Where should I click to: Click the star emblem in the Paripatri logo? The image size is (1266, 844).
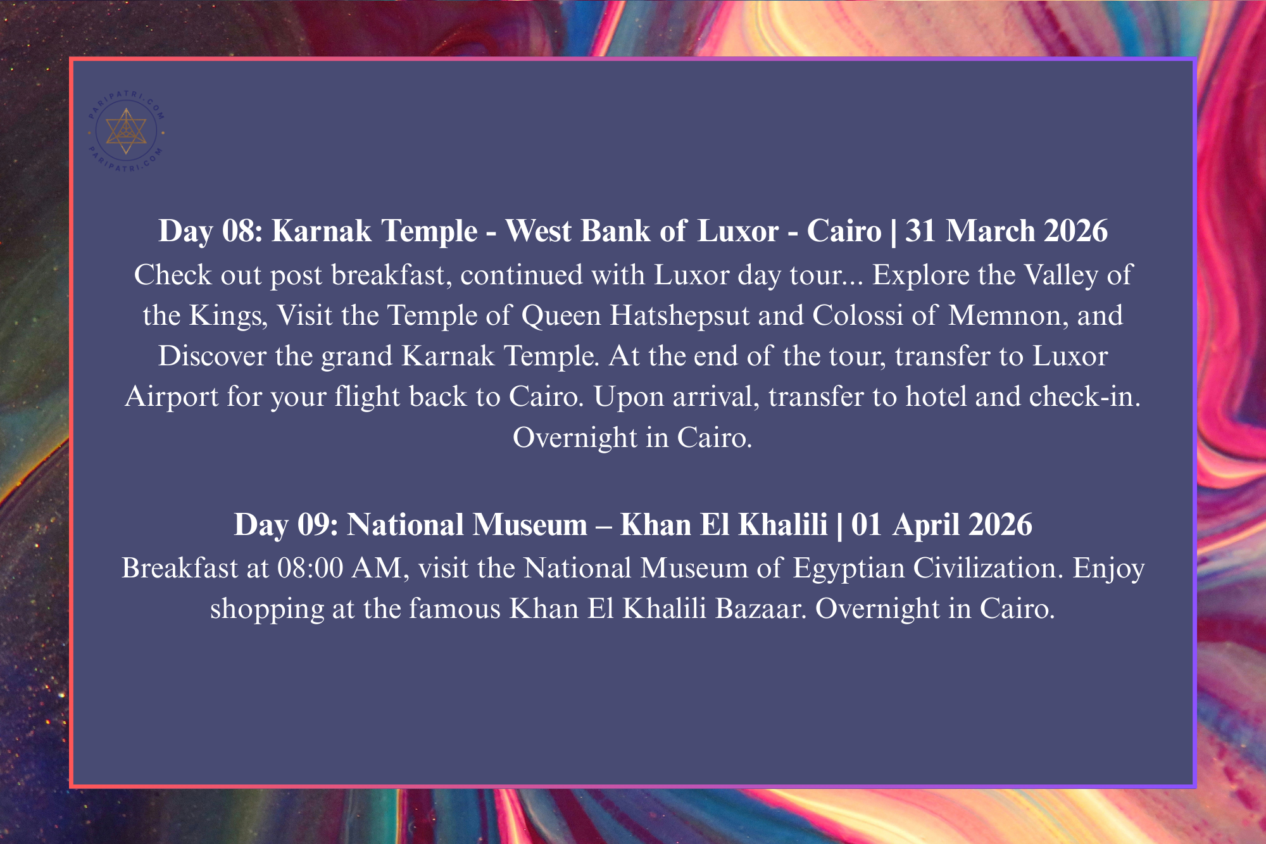(x=126, y=131)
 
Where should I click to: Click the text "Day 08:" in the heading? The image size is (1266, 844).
(x=210, y=230)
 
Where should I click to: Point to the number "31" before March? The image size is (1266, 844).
(x=923, y=230)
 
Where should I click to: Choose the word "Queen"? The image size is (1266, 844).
(x=561, y=316)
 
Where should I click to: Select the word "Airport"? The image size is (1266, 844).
(x=172, y=397)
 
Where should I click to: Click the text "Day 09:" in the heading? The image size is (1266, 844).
(x=286, y=525)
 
